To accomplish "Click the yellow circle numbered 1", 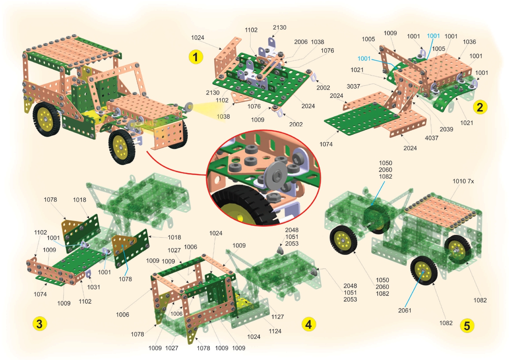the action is (x=196, y=57).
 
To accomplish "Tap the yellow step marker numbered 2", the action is (x=480, y=107).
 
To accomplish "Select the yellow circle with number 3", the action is (x=40, y=323).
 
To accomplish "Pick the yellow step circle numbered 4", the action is (x=309, y=324).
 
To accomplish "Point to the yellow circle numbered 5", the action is (x=467, y=326).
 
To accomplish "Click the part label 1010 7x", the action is (x=463, y=181).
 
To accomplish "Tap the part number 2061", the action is (x=405, y=310).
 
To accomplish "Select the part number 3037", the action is (x=353, y=87).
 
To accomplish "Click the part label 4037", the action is (x=431, y=138).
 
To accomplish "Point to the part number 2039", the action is (x=446, y=129).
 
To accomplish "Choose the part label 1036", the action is (x=469, y=42).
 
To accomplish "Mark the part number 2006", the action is (x=301, y=42).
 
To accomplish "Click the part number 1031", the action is (x=94, y=287).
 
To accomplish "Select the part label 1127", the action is (x=277, y=317).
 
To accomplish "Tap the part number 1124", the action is (x=275, y=331).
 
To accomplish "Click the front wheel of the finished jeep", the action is (x=122, y=147).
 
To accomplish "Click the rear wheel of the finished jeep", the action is (x=47, y=119).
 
